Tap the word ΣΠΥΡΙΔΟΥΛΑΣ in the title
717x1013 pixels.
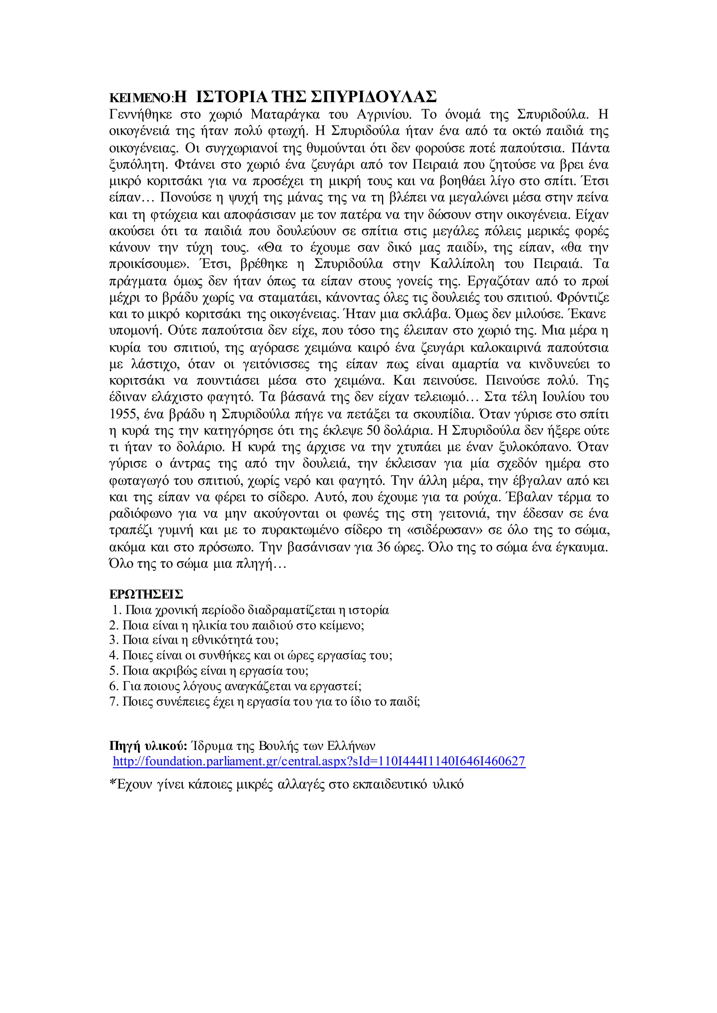point(374,96)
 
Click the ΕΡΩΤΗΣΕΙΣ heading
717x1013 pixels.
point(146,595)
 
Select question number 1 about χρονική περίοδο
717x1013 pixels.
point(251,610)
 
